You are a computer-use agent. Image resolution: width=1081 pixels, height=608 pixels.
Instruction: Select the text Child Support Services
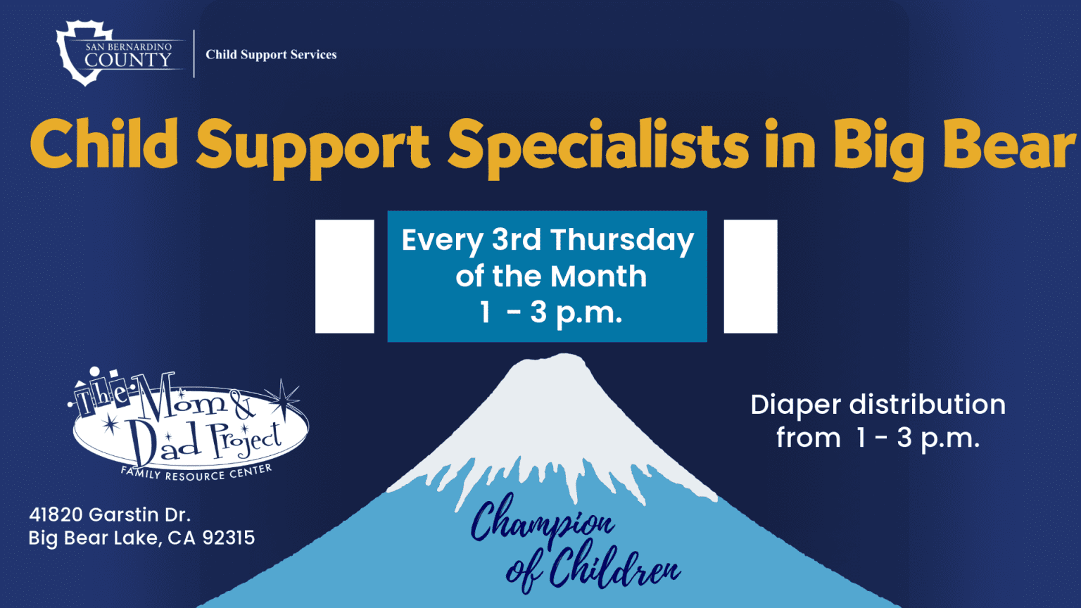click(271, 54)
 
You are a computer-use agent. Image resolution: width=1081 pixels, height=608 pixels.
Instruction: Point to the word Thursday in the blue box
click(622, 240)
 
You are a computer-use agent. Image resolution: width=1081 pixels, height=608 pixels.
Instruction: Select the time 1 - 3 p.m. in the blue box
click(550, 312)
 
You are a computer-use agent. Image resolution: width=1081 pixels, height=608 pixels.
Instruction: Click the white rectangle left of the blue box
click(344, 276)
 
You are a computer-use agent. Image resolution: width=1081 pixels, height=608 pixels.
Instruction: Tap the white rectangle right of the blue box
click(750, 276)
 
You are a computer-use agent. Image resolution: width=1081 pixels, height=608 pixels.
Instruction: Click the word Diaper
click(795, 405)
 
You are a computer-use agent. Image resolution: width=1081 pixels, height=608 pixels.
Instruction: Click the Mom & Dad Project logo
click(190, 422)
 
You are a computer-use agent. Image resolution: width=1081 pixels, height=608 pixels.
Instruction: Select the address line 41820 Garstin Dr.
click(110, 514)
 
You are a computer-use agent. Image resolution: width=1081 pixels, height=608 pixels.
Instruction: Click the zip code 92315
click(228, 538)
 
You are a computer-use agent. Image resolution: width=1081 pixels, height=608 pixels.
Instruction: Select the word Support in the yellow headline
click(312, 148)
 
